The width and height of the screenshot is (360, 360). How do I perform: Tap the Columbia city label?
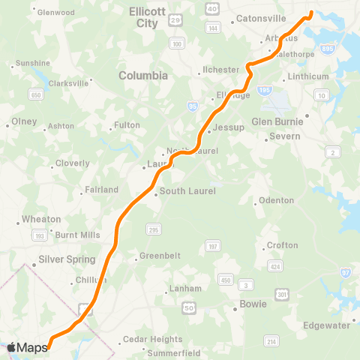pos(143,76)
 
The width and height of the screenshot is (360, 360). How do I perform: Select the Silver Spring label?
pos(67,259)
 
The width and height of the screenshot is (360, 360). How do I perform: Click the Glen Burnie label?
pos(277,121)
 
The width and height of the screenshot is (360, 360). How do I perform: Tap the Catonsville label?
pos(261,17)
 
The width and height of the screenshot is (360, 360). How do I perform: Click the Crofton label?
pos(282,245)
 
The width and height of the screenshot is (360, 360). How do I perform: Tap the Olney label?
pos(19,121)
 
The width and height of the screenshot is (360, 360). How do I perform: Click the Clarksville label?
pos(70,82)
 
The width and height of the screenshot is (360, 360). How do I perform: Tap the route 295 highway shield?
pos(153,229)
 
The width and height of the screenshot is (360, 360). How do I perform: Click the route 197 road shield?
pos(214,245)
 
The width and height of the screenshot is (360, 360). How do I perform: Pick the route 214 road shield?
pos(271,341)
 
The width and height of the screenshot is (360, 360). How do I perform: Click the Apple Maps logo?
pos(27,347)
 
